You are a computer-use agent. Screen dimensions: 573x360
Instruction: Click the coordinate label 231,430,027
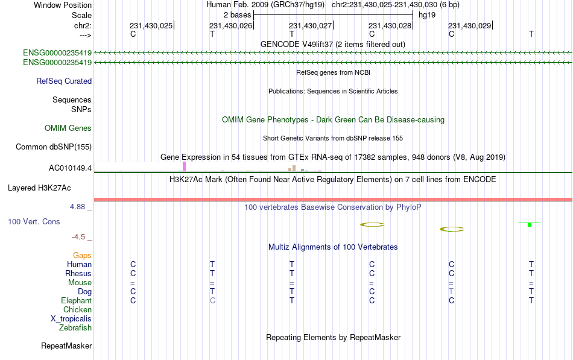[310, 25]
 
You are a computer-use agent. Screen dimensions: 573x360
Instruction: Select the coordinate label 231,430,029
[470, 25]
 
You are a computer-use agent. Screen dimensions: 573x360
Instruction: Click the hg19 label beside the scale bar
[427, 15]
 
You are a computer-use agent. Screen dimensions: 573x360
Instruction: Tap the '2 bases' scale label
[238, 15]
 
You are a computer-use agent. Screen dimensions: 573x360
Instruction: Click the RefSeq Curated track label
[64, 81]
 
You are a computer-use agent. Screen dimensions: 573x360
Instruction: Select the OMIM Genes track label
[68, 128]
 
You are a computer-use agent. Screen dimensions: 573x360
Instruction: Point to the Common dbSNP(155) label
[54, 147]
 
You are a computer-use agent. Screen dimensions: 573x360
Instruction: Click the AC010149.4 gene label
[70, 168]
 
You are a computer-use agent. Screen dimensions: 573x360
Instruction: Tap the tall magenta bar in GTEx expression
[184, 166]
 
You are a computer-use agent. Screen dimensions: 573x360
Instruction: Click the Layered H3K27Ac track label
[39, 188]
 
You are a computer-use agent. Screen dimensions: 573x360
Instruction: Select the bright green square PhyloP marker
[530, 225]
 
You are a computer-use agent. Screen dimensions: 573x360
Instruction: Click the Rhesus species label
[78, 273]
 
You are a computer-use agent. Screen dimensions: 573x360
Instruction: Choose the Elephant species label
[77, 300]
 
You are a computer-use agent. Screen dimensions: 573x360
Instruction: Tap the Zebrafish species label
[75, 327]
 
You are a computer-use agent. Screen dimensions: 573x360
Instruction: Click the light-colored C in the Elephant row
[212, 300]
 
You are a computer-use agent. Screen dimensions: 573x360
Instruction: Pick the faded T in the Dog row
[451, 291]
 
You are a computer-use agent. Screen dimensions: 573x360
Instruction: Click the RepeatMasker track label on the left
[66, 346]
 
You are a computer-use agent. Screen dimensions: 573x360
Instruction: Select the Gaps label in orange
[82, 255]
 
